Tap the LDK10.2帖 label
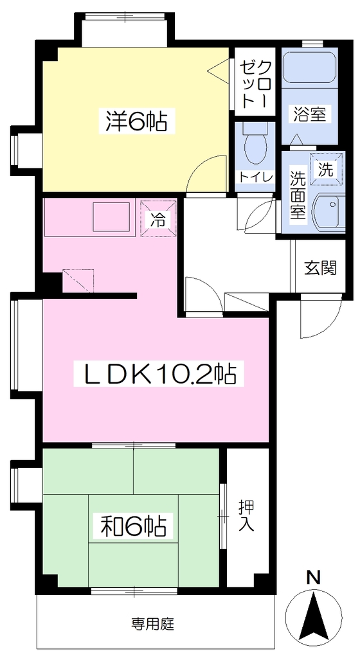click(x=158, y=375)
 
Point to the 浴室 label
click(x=310, y=114)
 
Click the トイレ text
click(x=255, y=177)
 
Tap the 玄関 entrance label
click(x=321, y=268)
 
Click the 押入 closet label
click(x=247, y=515)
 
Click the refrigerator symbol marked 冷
click(x=158, y=218)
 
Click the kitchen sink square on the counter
click(x=111, y=217)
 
